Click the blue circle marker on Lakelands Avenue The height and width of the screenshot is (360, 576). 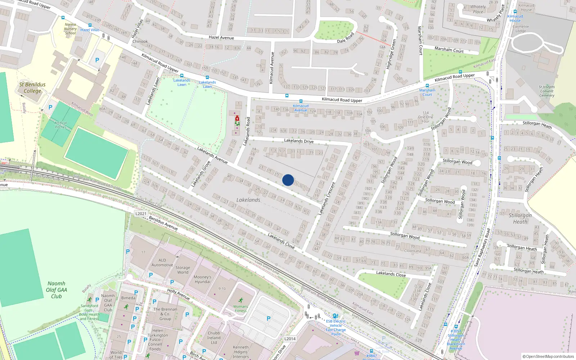(288, 180)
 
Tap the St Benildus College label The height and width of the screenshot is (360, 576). (32, 87)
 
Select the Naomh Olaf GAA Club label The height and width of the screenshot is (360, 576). (57, 290)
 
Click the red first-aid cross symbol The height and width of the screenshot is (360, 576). (237, 118)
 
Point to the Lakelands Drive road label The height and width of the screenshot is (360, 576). (299, 141)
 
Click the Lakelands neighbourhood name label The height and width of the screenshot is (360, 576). (248, 200)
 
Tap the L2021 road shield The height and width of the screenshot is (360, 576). (141, 213)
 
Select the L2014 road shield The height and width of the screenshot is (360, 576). (290, 338)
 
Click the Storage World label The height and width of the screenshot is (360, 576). (183, 270)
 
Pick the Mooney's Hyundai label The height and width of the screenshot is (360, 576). (202, 279)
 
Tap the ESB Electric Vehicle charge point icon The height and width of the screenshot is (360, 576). (336, 316)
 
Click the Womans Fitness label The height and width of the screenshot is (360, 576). (240, 309)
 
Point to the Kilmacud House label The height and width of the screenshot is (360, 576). (515, 18)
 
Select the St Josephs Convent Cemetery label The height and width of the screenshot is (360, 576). (546, 91)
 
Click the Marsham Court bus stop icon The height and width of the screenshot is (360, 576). (427, 86)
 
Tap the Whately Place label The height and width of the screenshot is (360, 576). (478, 9)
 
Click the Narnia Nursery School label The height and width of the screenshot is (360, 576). (71, 29)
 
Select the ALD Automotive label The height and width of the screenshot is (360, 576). (162, 262)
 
